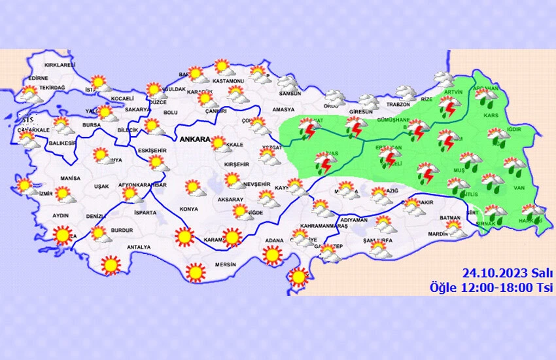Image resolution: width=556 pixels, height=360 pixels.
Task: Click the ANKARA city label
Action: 196,140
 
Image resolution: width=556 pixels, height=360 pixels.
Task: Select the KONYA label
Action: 188,209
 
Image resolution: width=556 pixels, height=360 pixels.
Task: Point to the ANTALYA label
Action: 139,247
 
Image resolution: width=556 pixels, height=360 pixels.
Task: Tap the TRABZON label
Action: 398,105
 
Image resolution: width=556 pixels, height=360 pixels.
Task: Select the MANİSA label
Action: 70,178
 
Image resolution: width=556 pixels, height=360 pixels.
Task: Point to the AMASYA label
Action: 283,109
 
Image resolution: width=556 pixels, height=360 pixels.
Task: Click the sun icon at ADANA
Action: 273,255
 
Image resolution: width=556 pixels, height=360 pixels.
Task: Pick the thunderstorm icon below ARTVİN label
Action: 449,106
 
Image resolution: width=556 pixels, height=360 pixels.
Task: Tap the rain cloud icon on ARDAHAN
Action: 486,95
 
